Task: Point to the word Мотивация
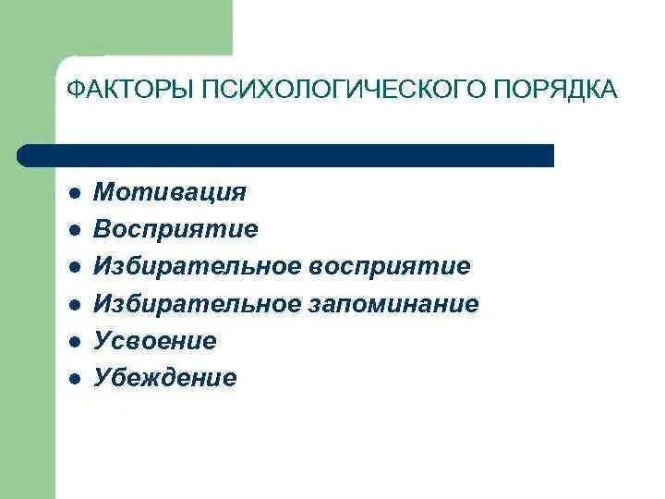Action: click(x=170, y=192)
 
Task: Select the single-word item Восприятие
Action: click(x=175, y=229)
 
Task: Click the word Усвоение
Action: click(x=155, y=341)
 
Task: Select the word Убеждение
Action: click(x=165, y=378)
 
